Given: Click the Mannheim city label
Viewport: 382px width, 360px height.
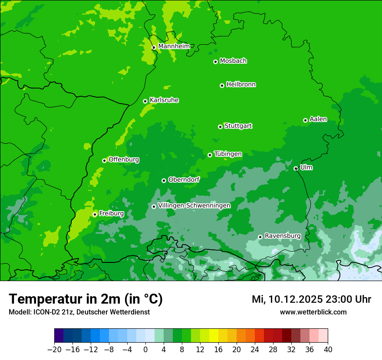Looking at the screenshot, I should click(x=174, y=46).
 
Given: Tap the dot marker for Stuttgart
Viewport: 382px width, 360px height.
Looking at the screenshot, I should click(x=221, y=127).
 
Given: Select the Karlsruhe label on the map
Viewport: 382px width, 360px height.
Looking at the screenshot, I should click(x=164, y=100).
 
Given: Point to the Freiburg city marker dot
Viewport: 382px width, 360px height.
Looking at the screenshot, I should click(x=95, y=214).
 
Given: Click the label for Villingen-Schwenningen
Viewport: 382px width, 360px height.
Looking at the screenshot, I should click(x=194, y=206).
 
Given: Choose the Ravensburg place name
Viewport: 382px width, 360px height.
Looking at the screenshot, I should click(x=283, y=236).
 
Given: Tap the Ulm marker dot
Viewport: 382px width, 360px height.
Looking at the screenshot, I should click(x=296, y=168).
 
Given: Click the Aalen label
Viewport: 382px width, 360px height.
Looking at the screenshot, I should click(x=318, y=119).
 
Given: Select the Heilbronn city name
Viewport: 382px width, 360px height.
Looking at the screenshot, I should click(x=241, y=85).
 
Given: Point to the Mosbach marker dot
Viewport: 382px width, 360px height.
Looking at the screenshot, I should click(x=215, y=62).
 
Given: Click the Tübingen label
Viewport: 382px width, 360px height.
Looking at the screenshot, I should click(x=228, y=154).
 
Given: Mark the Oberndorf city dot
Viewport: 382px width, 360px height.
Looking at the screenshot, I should click(x=164, y=180).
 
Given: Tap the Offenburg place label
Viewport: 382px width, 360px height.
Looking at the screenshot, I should click(x=124, y=160).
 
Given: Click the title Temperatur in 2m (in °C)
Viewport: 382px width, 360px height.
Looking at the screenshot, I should click(x=86, y=299).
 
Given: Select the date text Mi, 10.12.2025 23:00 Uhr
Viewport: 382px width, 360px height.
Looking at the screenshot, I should click(x=311, y=299).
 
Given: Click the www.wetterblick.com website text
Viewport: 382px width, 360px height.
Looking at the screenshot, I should click(x=313, y=312).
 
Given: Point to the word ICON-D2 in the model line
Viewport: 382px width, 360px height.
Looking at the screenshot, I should click(x=46, y=312).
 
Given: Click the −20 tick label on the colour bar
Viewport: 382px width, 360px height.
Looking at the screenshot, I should click(x=54, y=350).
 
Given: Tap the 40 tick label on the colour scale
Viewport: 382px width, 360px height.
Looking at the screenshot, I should click(x=328, y=350).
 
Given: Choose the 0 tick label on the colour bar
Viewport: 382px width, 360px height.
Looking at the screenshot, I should click(x=145, y=350).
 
